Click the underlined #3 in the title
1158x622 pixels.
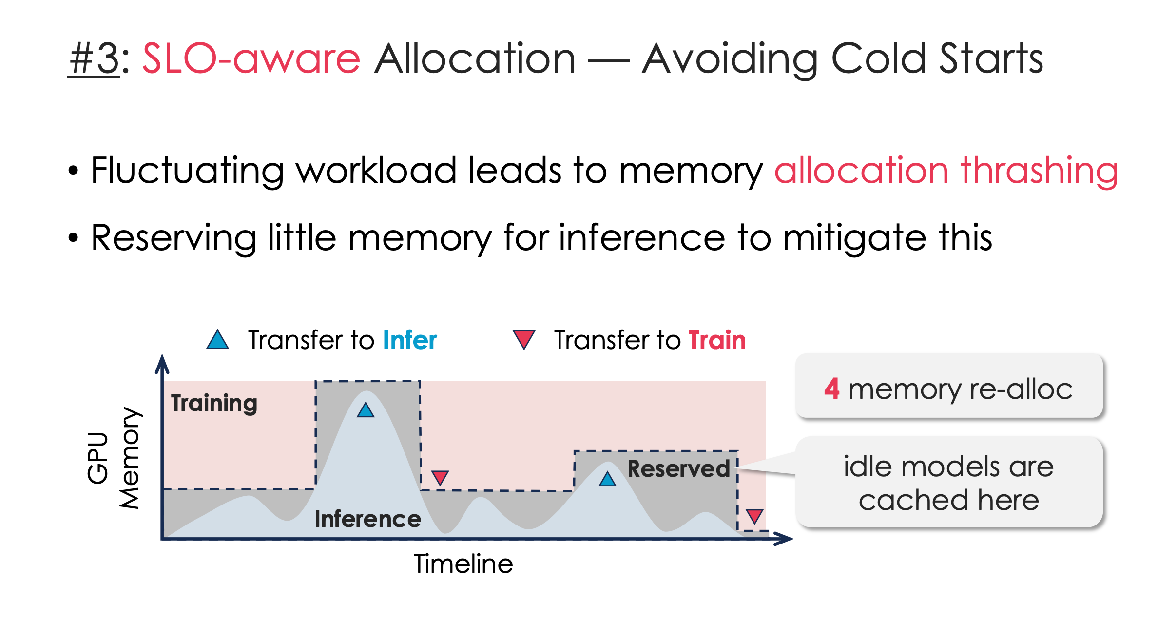(94, 59)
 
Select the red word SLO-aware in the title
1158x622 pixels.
(251, 59)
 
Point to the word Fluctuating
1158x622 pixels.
(187, 172)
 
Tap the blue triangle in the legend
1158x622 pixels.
(217, 340)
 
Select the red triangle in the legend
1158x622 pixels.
(524, 339)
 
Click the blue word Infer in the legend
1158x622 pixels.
(410, 340)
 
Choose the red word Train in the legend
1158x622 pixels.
(717, 340)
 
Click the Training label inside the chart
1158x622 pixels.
(214, 403)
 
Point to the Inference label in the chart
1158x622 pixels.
(367, 519)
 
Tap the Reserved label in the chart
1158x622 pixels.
(678, 469)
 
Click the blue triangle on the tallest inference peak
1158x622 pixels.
(366, 410)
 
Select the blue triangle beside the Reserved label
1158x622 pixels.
(607, 480)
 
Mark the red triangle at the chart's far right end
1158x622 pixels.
(754, 516)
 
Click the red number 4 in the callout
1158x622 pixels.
(831, 389)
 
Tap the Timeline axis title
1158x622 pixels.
(463, 564)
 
